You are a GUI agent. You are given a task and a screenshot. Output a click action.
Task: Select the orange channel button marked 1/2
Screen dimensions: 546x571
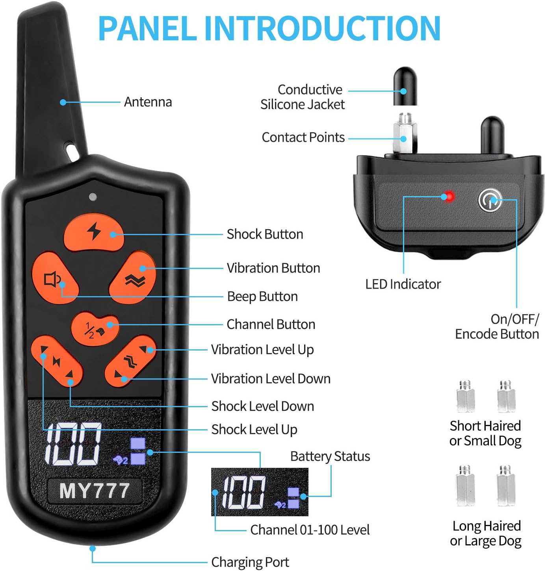(x=95, y=328)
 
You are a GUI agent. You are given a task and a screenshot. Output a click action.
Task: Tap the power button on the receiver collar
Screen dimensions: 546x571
(x=490, y=200)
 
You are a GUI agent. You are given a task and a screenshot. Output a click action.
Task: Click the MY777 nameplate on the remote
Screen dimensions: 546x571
(x=95, y=491)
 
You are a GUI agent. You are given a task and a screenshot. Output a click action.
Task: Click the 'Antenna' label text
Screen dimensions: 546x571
(x=148, y=102)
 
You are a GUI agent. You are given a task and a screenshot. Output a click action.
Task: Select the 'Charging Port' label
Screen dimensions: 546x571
(x=250, y=562)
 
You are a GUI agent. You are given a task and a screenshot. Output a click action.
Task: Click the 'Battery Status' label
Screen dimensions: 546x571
(x=330, y=456)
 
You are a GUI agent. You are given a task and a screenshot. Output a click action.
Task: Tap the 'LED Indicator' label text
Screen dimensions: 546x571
(x=403, y=284)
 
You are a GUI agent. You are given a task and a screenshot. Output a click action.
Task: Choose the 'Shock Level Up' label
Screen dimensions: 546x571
(x=254, y=429)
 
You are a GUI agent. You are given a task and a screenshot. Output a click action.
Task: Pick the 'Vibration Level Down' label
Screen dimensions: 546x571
(x=271, y=378)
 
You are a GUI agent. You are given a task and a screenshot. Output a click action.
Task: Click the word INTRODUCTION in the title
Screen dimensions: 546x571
(x=322, y=28)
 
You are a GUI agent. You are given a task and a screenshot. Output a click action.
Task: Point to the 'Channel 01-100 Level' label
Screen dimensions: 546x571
(x=310, y=530)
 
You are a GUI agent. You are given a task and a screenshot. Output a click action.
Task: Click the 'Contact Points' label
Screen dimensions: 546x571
(x=303, y=137)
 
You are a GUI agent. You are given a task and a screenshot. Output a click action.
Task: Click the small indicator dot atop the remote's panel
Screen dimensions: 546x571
(x=93, y=197)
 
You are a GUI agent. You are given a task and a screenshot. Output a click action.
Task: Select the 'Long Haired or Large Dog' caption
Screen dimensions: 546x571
(x=486, y=533)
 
